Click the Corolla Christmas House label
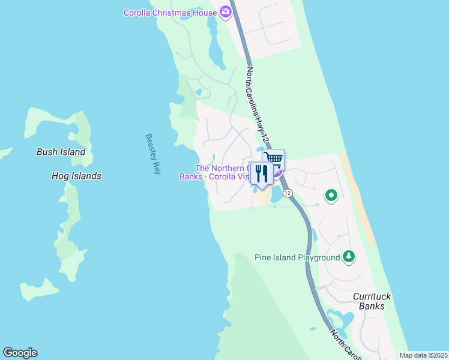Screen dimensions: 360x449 [170, 13]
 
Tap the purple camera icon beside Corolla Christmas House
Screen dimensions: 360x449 [226, 11]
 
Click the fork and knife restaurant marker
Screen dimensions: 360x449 [261, 173]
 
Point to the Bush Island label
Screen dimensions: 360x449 [61, 152]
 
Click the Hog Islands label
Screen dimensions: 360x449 [76, 176]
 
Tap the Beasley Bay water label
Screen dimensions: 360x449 [153, 154]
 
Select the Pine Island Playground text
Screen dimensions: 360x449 [297, 258]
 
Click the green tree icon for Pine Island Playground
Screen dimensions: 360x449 [348, 257]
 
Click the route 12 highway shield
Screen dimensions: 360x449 [288, 193]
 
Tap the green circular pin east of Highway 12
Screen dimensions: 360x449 [331, 195]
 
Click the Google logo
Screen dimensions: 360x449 [20, 353]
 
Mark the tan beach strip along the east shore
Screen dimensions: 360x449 [359, 198]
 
